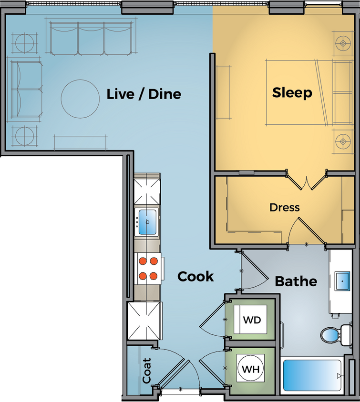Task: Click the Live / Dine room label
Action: pyautogui.click(x=144, y=94)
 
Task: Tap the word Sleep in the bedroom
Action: pyautogui.click(x=292, y=92)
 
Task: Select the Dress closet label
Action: pyautogui.click(x=284, y=207)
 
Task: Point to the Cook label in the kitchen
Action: pyautogui.click(x=195, y=276)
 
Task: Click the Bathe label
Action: pyautogui.click(x=296, y=281)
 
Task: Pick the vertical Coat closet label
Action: pyautogui.click(x=147, y=371)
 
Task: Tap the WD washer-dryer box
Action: pyautogui.click(x=251, y=320)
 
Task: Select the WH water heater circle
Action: pyautogui.click(x=251, y=369)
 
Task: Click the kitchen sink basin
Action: pyautogui.click(x=147, y=222)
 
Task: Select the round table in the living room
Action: pyautogui.click(x=80, y=99)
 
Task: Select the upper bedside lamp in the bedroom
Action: pyautogui.click(x=342, y=43)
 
